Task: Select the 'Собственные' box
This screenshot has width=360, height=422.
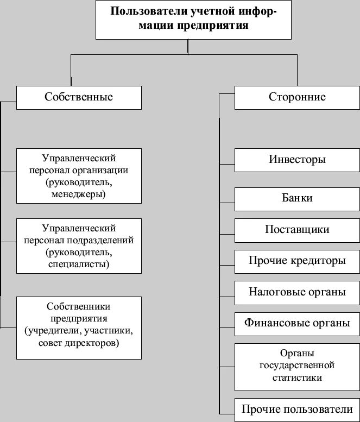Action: coord(79,97)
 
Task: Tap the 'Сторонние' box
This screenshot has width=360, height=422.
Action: coord(297,97)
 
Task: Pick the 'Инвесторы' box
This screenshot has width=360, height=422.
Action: coord(297,160)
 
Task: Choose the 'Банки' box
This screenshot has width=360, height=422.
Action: coord(297,198)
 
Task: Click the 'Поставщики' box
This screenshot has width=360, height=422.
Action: coord(297,229)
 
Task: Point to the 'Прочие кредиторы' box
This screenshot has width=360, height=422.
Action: coord(297,261)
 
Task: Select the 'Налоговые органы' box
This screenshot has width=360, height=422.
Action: coord(297,292)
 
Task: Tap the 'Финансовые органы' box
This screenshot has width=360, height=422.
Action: coord(297,323)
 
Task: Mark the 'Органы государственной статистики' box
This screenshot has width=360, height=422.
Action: coord(297,366)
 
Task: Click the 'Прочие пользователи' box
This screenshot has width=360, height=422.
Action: coord(297,409)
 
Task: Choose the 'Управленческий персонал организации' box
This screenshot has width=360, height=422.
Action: coord(79,175)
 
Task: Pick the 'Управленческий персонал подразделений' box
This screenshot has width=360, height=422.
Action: coord(79,245)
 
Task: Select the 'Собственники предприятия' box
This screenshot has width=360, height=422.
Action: coord(79,327)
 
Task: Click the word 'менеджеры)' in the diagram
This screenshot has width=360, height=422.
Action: coord(79,194)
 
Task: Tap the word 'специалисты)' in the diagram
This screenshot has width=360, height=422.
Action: coord(79,264)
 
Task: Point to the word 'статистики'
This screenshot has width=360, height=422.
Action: coord(297,377)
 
